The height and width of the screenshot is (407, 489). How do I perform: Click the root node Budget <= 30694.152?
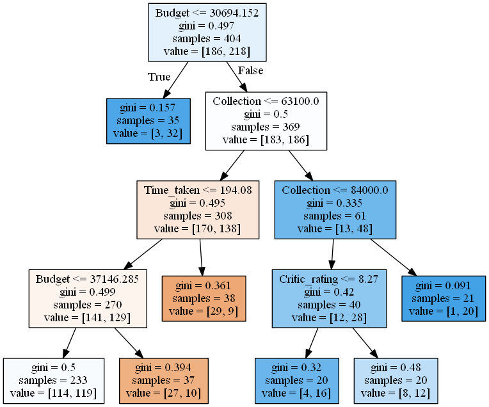pos(207,32)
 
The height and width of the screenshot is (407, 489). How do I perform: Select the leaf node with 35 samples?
pos(148,120)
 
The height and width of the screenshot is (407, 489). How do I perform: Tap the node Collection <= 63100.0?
pos(266,120)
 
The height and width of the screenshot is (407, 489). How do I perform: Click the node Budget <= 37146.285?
pos(88,298)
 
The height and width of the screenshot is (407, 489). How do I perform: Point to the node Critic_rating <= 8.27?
pos(332,298)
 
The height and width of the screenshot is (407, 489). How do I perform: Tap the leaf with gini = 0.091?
pos(444,298)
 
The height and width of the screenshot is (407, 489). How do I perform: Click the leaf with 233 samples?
pos(53,381)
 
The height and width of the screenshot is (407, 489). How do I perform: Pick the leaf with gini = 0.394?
pos(164,381)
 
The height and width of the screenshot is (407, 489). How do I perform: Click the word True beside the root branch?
pos(159,77)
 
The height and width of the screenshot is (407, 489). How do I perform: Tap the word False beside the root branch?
pos(250,70)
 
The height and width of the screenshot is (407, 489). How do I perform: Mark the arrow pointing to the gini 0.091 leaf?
pos(394,256)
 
